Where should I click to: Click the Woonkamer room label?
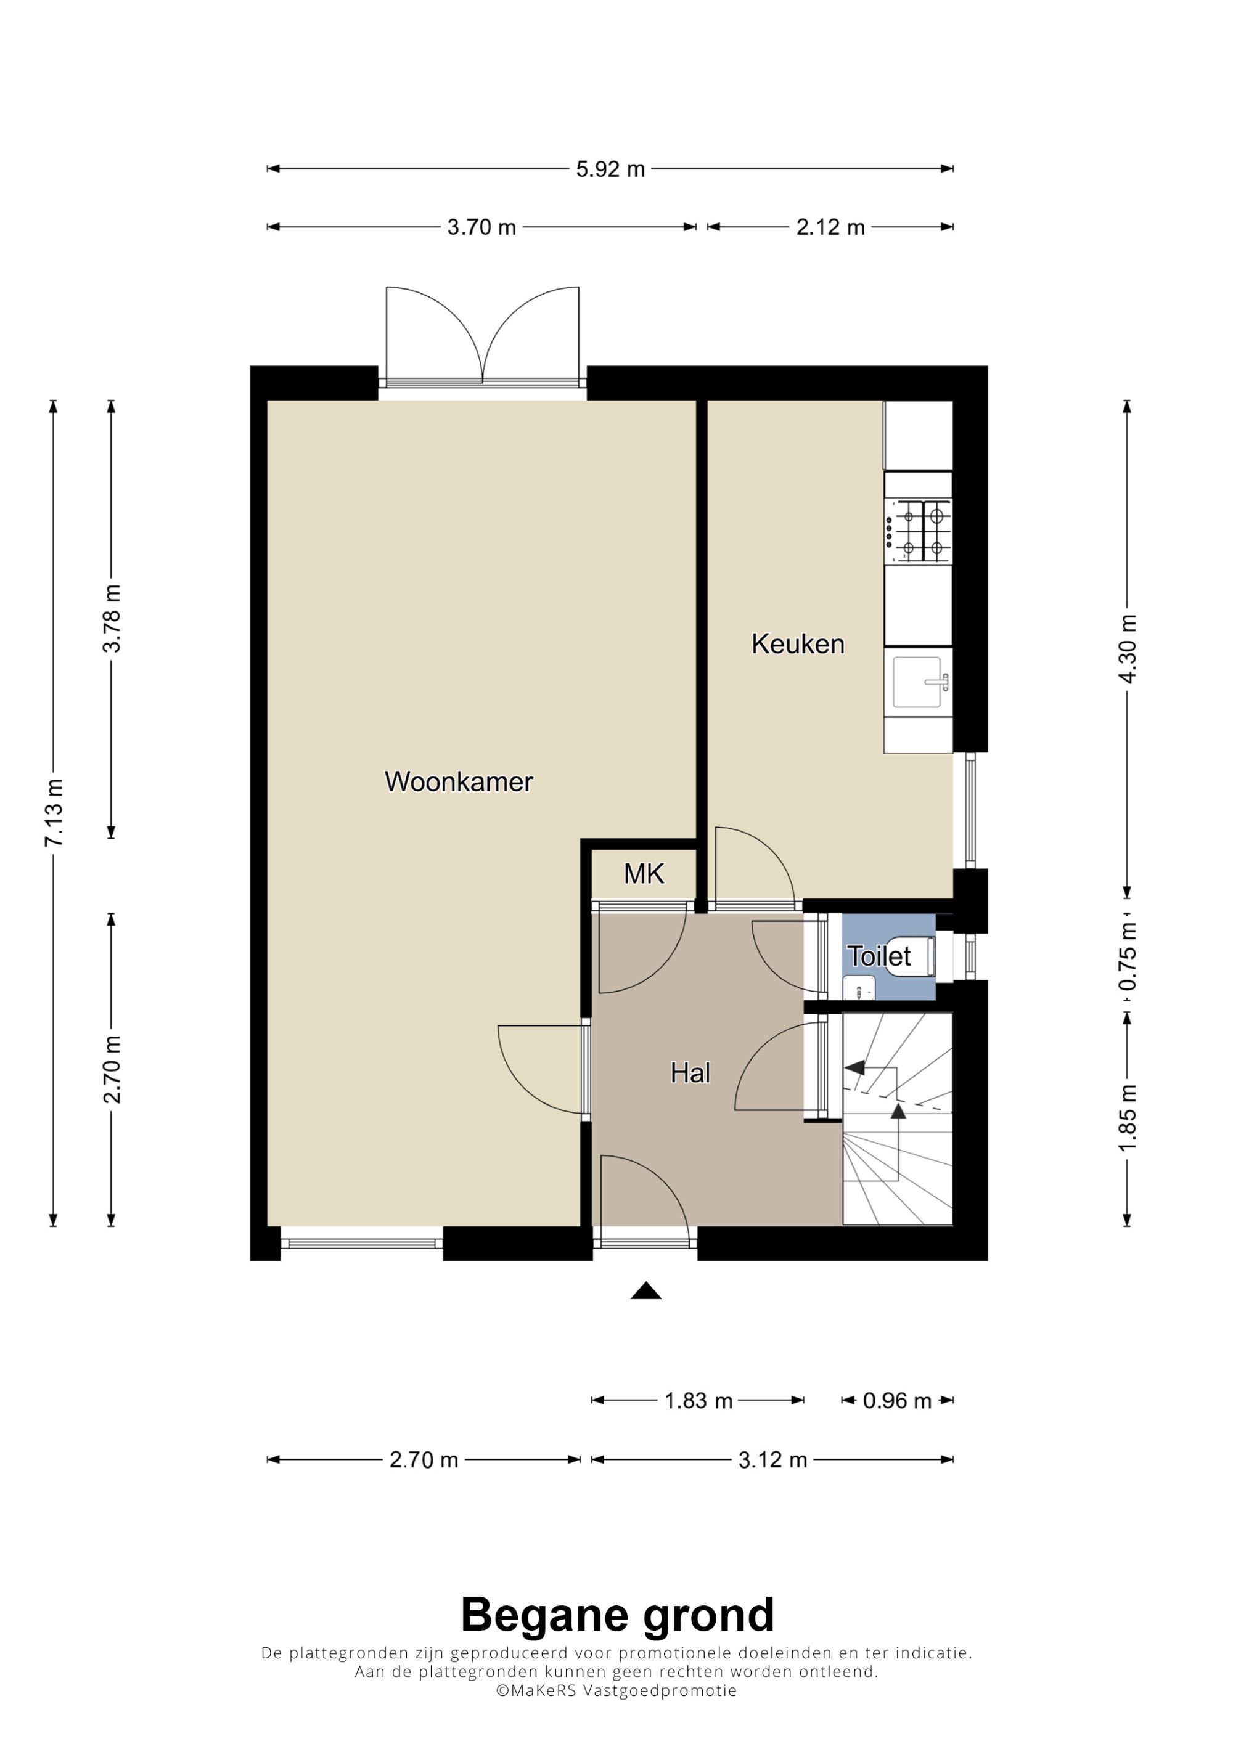tap(459, 781)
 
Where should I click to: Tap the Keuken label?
tap(798, 644)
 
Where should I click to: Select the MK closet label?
tap(644, 874)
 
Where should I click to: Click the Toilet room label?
tap(879, 956)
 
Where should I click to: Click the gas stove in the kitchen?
tap(919, 531)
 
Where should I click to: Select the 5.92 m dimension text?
tap(610, 169)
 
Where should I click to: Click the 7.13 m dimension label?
tap(54, 812)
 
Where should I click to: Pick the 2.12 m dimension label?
tap(830, 227)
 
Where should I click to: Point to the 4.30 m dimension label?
tap(1128, 649)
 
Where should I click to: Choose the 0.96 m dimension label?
tap(897, 1401)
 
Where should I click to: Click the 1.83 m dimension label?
tap(698, 1401)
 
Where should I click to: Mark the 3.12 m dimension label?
tap(772, 1459)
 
